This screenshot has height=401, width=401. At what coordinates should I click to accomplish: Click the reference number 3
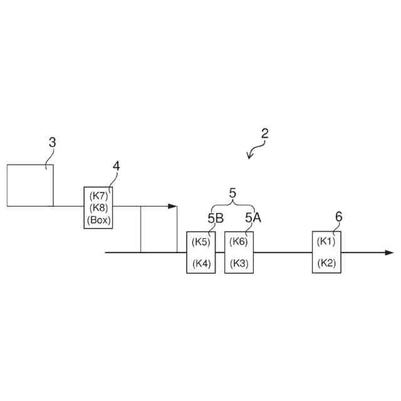[52, 142]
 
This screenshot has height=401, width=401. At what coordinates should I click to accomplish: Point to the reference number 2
[265, 133]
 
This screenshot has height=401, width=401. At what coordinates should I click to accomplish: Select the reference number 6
[339, 217]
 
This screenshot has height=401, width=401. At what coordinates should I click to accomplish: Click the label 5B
[214, 218]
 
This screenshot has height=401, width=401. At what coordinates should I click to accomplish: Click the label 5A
[253, 218]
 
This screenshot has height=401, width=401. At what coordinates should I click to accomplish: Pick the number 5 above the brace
[232, 194]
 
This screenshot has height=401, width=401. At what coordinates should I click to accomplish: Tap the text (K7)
[98, 195]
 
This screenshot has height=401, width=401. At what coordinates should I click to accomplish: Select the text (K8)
[98, 207]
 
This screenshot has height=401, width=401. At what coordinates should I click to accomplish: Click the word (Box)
[98, 220]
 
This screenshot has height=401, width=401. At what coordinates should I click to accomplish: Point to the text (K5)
[201, 242]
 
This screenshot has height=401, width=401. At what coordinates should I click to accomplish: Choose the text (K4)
[201, 264]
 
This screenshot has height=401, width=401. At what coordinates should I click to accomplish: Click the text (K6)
[239, 242]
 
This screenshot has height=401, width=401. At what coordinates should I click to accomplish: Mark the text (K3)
[239, 264]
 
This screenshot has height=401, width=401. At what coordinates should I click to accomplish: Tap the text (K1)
[326, 242]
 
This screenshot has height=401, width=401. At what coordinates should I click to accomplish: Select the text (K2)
[326, 264]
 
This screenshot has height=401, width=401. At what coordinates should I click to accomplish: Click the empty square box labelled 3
[29, 185]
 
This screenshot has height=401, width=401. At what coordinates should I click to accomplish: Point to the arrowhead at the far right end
[389, 253]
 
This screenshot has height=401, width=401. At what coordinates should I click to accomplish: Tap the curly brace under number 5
[232, 207]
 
